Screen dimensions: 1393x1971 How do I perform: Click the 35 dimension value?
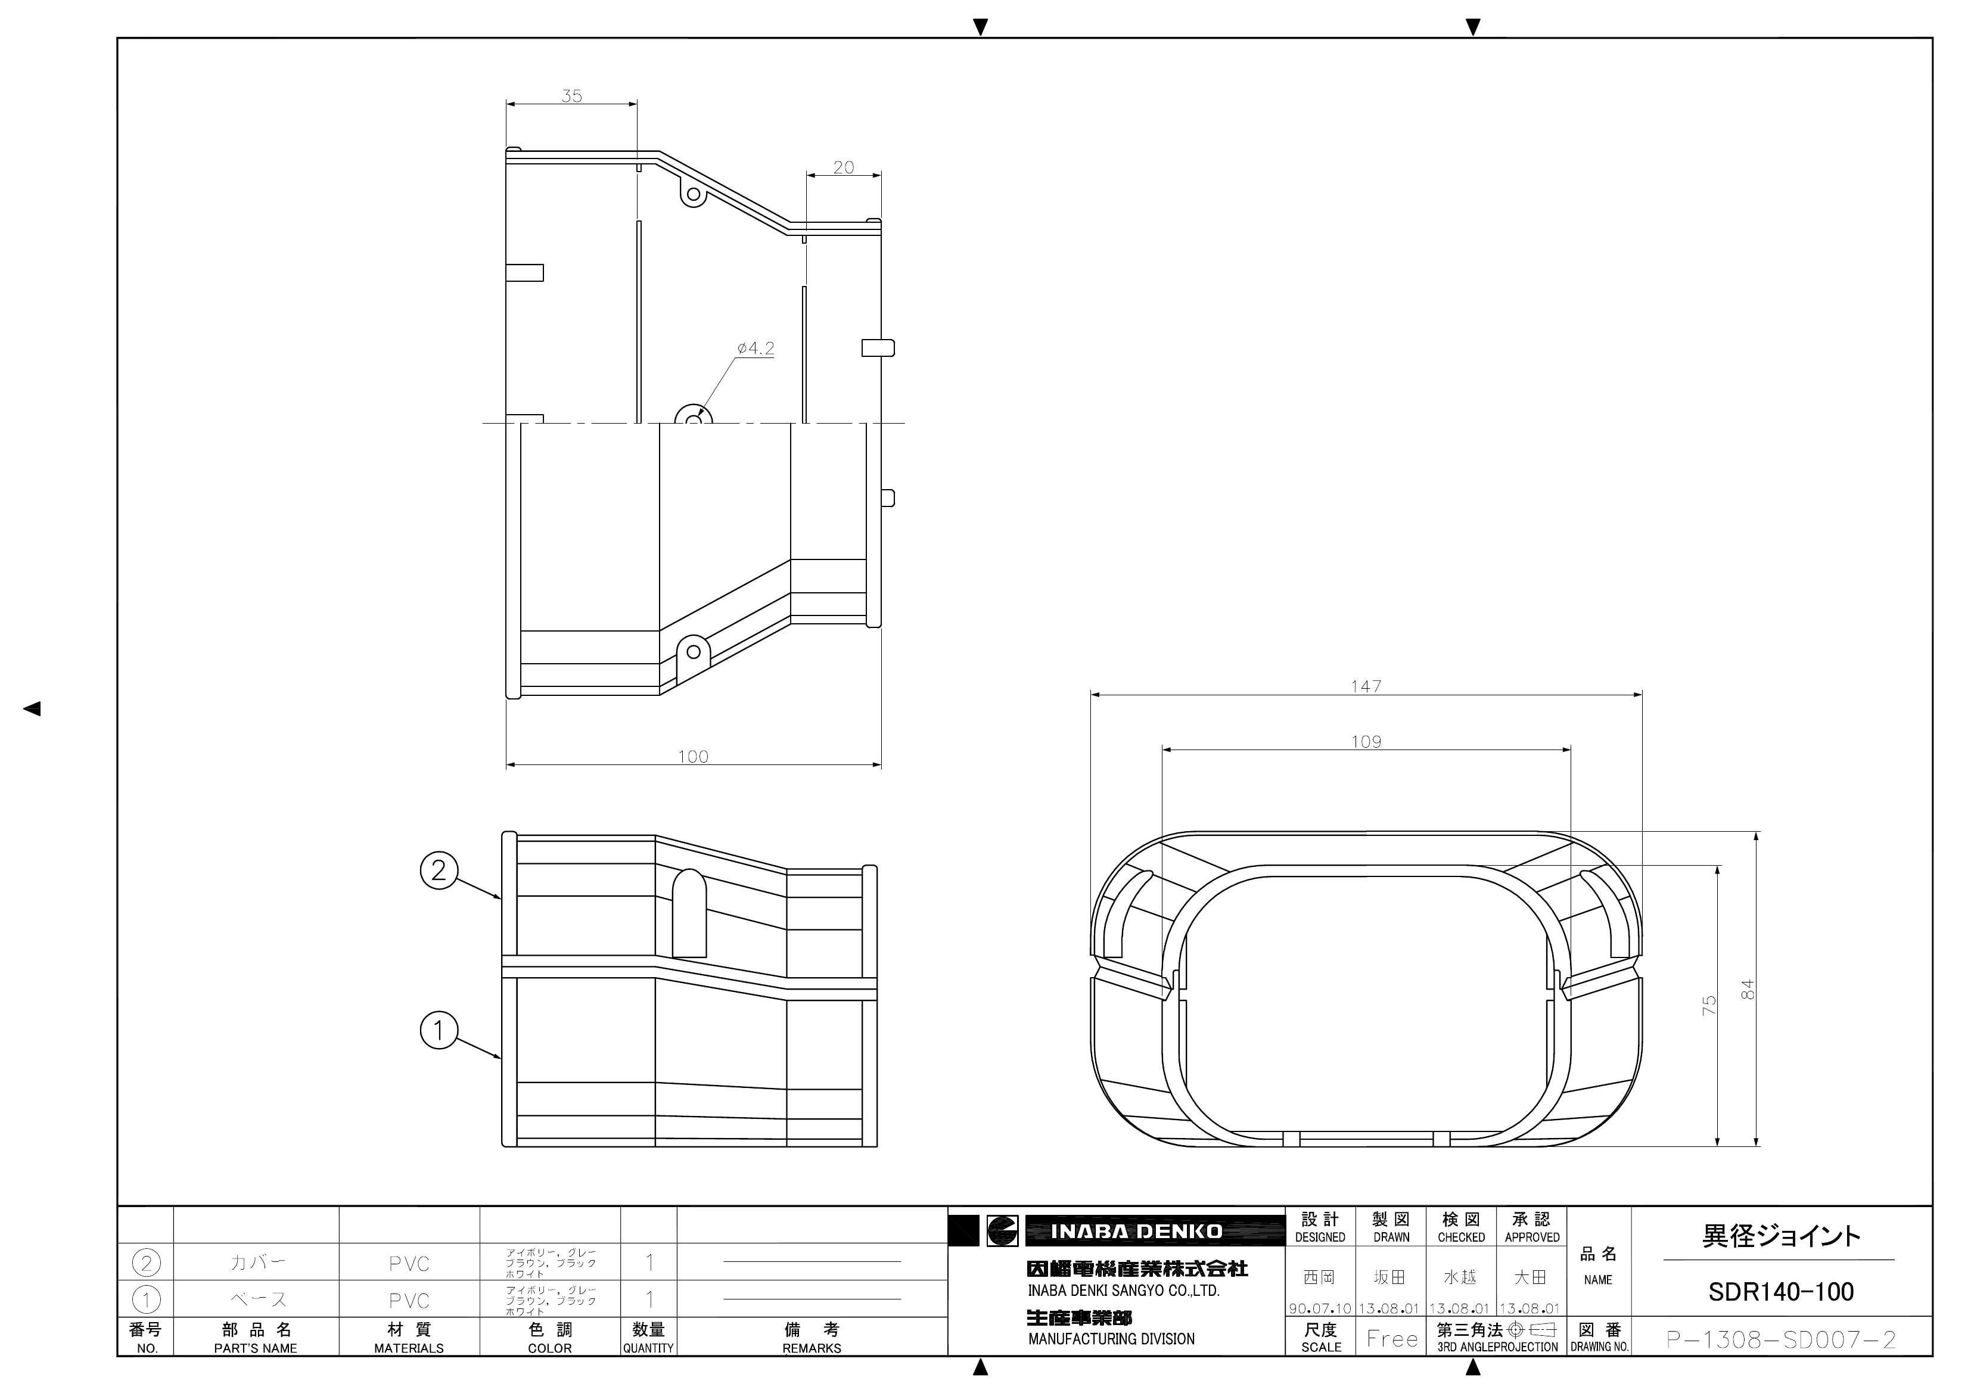click(x=572, y=96)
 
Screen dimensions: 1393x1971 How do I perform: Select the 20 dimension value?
click(x=844, y=167)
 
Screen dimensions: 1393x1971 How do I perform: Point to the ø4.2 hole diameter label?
click(x=756, y=349)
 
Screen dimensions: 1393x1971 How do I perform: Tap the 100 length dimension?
click(x=693, y=756)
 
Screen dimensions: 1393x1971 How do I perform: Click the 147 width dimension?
click(x=1366, y=686)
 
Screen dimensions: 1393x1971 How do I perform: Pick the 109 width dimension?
click(x=1366, y=742)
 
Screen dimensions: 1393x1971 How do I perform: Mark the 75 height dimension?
click(x=1709, y=1005)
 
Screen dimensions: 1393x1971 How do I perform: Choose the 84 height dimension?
click(x=1748, y=990)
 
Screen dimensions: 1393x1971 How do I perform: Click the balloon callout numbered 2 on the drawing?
click(x=439, y=870)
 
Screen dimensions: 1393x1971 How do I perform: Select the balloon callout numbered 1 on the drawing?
click(x=439, y=1029)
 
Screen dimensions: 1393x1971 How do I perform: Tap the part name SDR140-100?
click(x=1780, y=1292)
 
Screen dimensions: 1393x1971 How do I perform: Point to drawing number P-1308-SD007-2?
click(x=1780, y=1339)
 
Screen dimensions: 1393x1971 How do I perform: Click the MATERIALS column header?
click(x=409, y=1348)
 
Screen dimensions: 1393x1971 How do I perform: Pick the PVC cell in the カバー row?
click(x=409, y=1263)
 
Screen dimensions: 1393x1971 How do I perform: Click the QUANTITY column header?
click(x=648, y=1348)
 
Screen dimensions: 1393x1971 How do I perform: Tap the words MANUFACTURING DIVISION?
click(x=1111, y=1339)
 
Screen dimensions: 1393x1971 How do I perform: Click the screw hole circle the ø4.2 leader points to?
click(x=694, y=418)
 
